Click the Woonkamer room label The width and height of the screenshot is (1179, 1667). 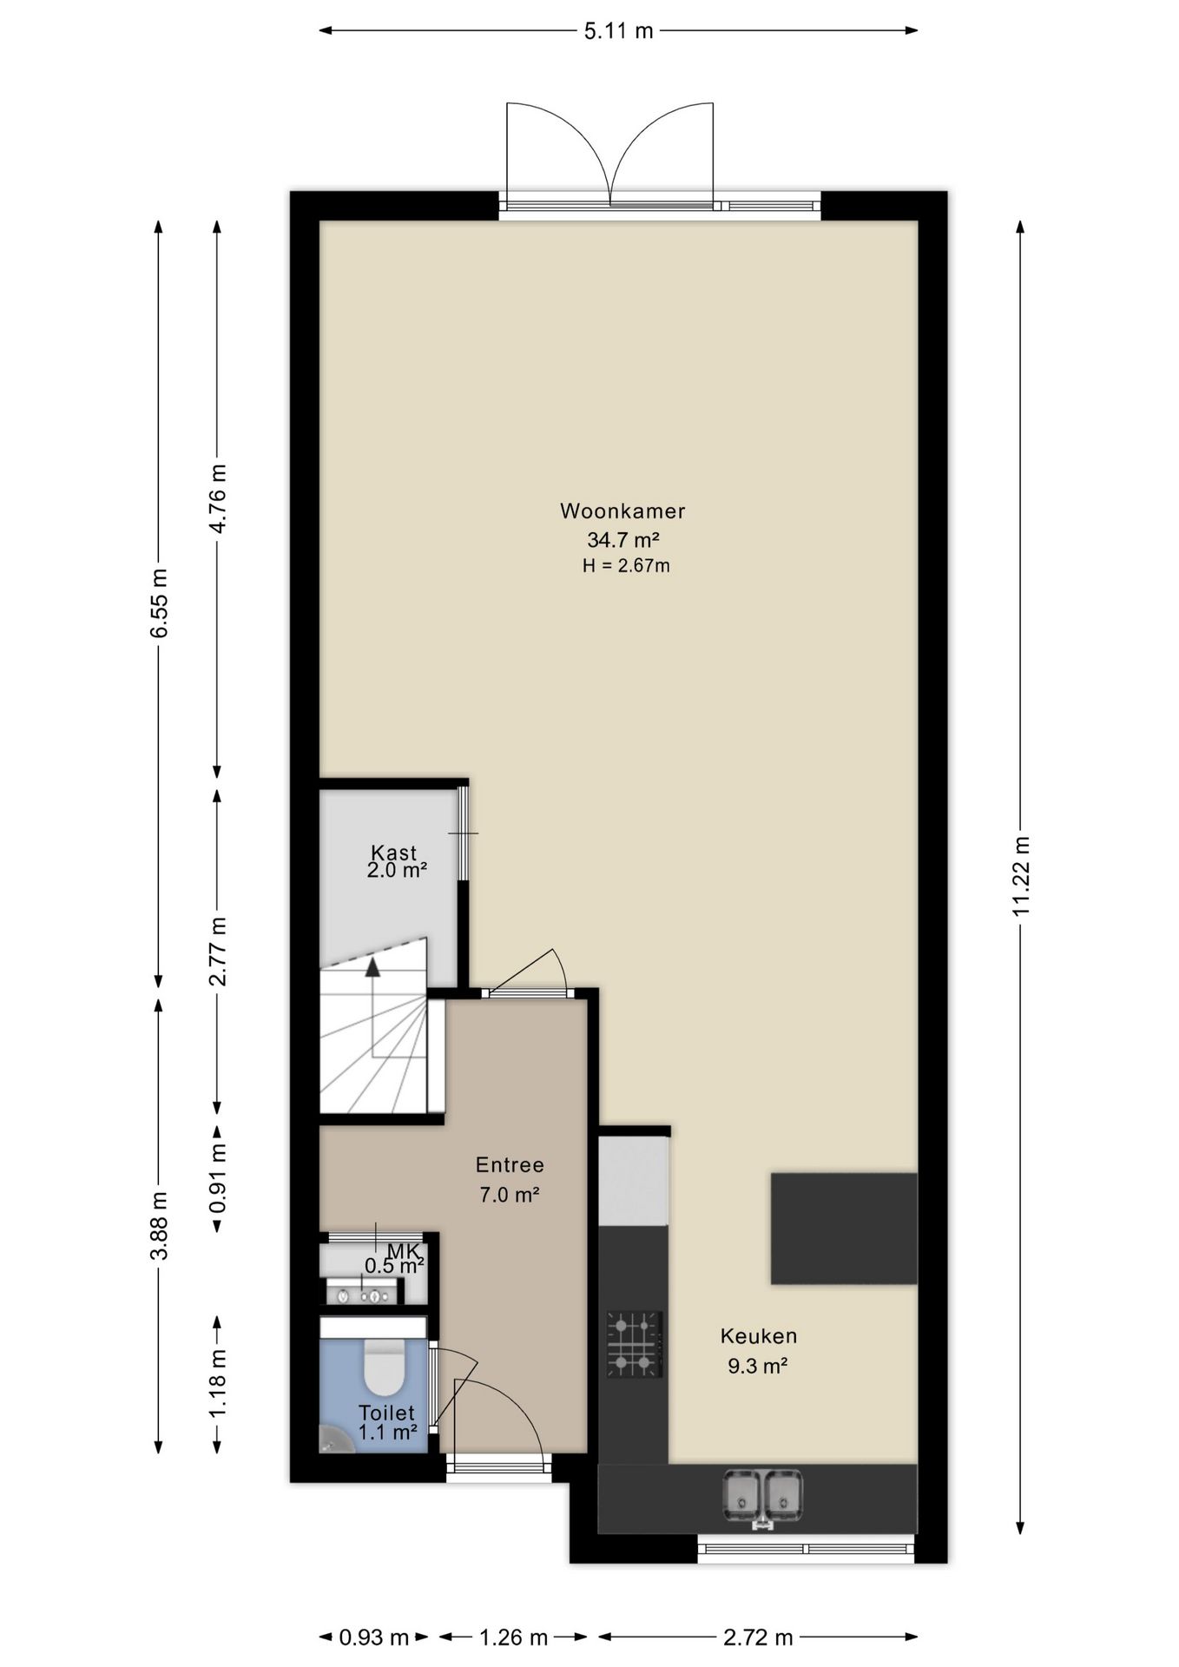pyautogui.click(x=622, y=511)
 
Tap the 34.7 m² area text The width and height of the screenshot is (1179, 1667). pyautogui.click(x=623, y=539)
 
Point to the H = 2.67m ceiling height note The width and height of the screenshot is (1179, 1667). pyautogui.click(x=626, y=566)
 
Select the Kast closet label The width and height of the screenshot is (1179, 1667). pyautogui.click(x=394, y=853)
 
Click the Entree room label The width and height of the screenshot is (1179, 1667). pyautogui.click(x=510, y=1164)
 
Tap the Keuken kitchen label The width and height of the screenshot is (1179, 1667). pyautogui.click(x=759, y=1335)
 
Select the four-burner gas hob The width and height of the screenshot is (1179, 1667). pyautogui.click(x=635, y=1344)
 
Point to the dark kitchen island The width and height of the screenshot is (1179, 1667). pyautogui.click(x=844, y=1228)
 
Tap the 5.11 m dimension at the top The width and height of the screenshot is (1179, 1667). pyautogui.click(x=618, y=31)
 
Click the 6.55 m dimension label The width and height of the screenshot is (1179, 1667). pyautogui.click(x=159, y=603)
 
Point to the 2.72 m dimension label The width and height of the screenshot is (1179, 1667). pyautogui.click(x=759, y=1637)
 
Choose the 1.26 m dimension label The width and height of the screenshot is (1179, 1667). pyautogui.click(x=514, y=1637)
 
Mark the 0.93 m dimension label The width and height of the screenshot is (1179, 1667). pyautogui.click(x=373, y=1637)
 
